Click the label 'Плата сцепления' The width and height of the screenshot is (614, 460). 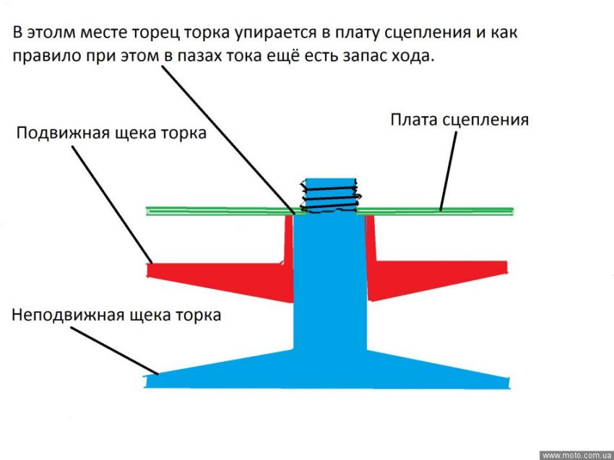click(x=459, y=119)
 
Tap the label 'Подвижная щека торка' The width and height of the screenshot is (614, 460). click(x=111, y=134)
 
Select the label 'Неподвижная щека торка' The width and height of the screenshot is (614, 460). click(x=116, y=315)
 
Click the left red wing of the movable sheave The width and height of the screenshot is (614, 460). click(x=217, y=277)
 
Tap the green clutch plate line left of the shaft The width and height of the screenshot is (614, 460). click(x=217, y=211)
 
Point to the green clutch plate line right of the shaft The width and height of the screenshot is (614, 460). click(x=433, y=211)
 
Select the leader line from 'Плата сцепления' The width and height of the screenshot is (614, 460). click(x=448, y=170)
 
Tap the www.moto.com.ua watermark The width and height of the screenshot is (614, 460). click(x=576, y=455)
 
